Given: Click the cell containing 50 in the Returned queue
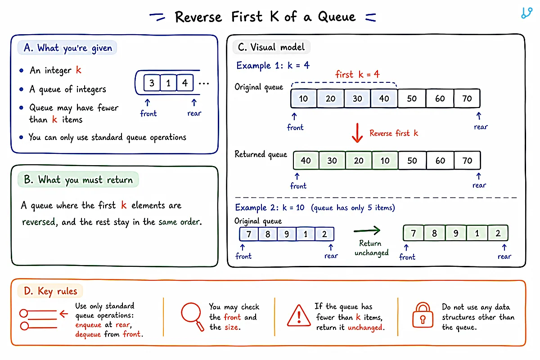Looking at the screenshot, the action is [412, 161].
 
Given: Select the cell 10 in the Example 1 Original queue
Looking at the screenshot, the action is [304, 99].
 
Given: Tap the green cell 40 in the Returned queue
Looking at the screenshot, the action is [306, 161].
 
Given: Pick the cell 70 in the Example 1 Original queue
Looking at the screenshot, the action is [467, 99].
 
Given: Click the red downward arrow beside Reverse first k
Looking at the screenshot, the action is [357, 133].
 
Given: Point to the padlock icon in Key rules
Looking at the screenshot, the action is [423, 315].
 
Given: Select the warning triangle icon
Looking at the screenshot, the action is [299, 315].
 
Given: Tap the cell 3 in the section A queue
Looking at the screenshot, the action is [152, 83].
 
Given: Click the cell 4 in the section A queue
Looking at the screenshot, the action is [185, 83].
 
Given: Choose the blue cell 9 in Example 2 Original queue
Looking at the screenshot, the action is [287, 234].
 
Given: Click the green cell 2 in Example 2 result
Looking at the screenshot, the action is [498, 233].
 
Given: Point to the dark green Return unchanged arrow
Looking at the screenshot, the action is [367, 230].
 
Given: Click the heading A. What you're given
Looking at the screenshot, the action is [68, 48].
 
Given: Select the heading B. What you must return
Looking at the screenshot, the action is [78, 180].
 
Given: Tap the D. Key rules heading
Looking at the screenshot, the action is [50, 291].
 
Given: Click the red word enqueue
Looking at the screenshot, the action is [88, 325].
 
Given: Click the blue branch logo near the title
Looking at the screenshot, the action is [527, 13].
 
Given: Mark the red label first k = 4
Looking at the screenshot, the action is [357, 74].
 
